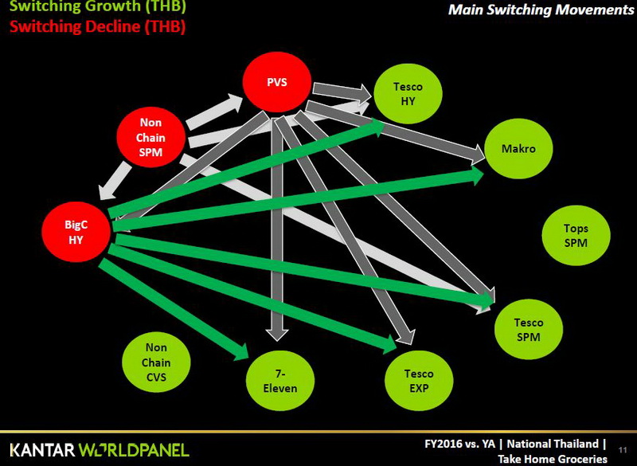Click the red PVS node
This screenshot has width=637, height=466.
pyautogui.click(x=277, y=81)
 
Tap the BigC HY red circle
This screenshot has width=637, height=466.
pyautogui.click(x=76, y=231)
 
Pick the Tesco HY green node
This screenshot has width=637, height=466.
pyautogui.click(x=408, y=93)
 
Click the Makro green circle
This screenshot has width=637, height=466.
pyautogui.click(x=518, y=149)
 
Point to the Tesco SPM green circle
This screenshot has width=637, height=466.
pyautogui.click(x=529, y=329)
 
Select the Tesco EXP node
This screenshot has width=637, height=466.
pyautogui.click(x=419, y=380)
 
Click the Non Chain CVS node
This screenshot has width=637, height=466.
pyautogui.click(x=157, y=362)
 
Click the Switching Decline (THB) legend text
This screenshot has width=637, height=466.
pyautogui.click(x=97, y=26)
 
